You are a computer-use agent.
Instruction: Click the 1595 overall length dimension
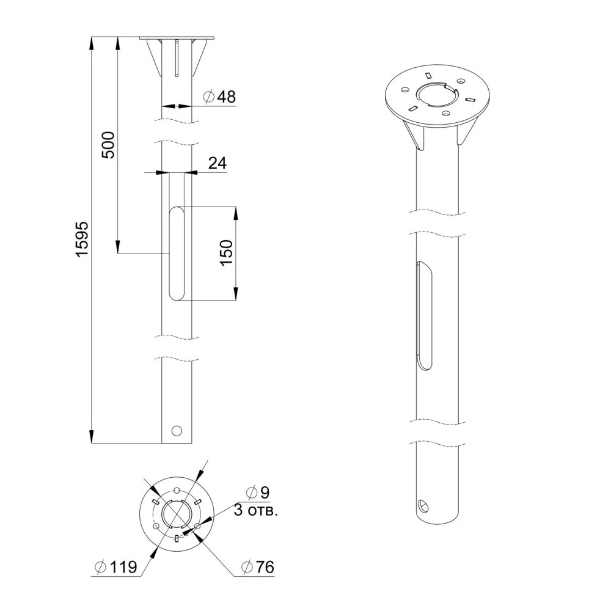coord(82,240)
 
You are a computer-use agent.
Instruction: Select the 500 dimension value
coord(108,145)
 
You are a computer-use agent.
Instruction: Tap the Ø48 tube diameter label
coord(220,97)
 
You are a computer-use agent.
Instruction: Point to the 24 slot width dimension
coord(217,163)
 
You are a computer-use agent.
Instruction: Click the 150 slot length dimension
coord(226,253)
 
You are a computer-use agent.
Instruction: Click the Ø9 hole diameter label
coord(258,492)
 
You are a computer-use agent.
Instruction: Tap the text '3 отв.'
coord(255,510)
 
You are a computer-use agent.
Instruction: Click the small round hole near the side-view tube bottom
coord(177,431)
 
